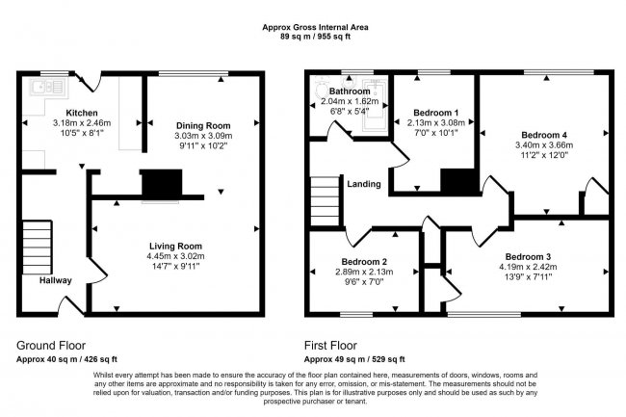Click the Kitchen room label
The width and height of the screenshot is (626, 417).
pos(82,113)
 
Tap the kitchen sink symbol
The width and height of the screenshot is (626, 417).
pos(48,87)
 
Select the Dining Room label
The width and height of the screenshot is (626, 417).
pos(203,126)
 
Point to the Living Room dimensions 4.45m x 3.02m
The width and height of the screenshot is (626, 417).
pos(175,256)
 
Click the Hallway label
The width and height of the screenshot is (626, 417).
pos(56,280)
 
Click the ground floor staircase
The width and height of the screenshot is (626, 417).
pos(38,247)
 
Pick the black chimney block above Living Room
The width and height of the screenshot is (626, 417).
pos(162,184)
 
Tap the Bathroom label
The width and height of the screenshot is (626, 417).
pos(350,91)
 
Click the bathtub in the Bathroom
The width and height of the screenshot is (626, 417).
pos(375,105)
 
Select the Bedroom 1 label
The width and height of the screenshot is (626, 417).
pos(436,113)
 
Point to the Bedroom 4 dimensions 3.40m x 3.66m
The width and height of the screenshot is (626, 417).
pos(544,144)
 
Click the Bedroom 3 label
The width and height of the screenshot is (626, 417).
pos(528,256)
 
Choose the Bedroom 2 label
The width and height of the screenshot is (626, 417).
pos(364,262)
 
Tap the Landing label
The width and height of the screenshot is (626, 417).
pos(364,184)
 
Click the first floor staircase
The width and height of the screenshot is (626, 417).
pos(326,201)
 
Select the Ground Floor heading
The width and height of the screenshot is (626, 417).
pos(51,345)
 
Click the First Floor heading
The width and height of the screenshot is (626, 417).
pos(330,345)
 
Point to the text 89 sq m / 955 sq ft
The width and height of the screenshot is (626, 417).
pos(315,37)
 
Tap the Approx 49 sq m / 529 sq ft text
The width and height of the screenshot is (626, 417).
pos(354,359)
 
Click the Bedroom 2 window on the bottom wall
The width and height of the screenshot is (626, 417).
pos(356,315)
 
